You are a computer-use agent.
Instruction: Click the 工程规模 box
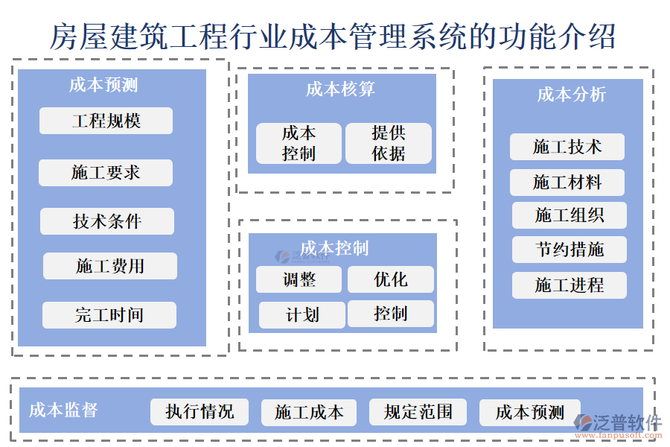tap(106, 121)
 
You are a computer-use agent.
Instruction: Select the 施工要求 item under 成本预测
tap(106, 173)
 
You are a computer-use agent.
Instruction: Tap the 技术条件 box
tap(107, 221)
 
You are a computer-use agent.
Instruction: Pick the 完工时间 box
tap(109, 315)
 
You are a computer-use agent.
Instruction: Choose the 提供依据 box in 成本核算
tap(389, 143)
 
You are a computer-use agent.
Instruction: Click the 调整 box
tap(299, 279)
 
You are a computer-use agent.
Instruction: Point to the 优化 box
tap(391, 279)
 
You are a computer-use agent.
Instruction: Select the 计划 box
tap(301, 315)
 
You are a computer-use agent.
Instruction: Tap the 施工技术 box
tap(567, 147)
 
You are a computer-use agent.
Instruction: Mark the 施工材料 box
tap(567, 183)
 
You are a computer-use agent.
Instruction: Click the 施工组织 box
tap(569, 215)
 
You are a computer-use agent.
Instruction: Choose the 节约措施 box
tap(569, 250)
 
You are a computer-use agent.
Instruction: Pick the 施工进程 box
tap(569, 285)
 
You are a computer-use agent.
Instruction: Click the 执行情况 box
tap(200, 412)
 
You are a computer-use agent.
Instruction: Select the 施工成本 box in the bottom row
tap(309, 412)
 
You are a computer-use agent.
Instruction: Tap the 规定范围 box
tap(418, 412)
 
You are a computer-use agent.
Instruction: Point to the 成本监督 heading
tap(63, 410)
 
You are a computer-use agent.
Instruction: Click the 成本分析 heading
tap(572, 95)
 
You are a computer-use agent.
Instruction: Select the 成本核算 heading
tap(340, 89)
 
